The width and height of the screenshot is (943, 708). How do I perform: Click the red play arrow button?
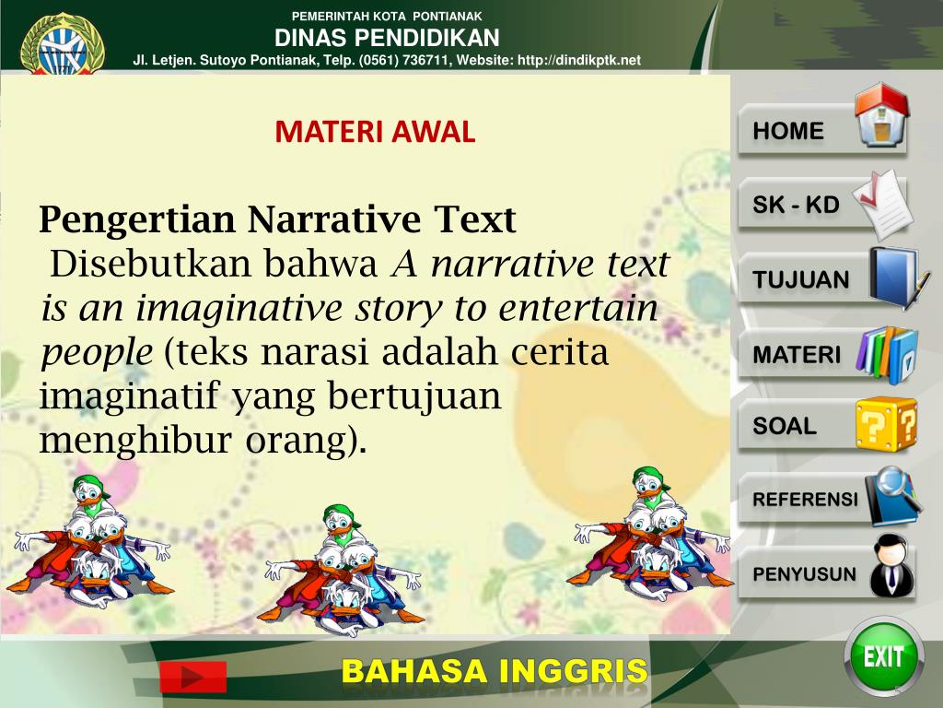pos(192,678)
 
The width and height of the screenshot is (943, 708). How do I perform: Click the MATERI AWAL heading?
pos(375,133)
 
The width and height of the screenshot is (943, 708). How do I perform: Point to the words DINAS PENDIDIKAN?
pos(387,38)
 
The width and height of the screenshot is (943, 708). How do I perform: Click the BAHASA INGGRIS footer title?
pos(495,672)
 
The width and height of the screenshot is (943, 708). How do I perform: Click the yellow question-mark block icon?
pos(885,424)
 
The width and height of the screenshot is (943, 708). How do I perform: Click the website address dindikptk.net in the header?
pos(579,60)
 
